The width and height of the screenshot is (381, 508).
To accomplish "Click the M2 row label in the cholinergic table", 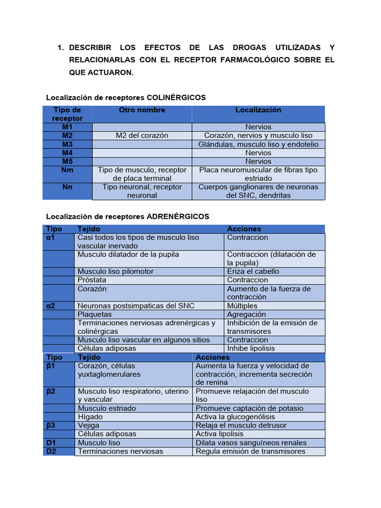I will click(67, 135).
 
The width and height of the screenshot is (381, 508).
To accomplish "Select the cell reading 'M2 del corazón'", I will click(142, 135).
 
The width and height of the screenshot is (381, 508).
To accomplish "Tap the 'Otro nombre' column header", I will click(142, 110).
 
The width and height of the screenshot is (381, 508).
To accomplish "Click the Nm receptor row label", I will click(67, 170).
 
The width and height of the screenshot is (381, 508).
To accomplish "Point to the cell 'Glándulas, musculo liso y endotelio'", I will click(258, 144).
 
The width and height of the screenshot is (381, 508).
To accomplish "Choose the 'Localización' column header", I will click(258, 110).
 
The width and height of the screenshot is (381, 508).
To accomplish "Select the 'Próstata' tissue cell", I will click(92, 280).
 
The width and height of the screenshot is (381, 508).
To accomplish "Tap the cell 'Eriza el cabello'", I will click(253, 271).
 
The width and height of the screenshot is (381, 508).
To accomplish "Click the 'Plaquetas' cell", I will click(95, 314).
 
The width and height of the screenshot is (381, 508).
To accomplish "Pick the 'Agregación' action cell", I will click(247, 314).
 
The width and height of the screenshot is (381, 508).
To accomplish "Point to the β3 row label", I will click(52, 425).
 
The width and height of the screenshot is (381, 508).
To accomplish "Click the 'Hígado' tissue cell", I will click(90, 417).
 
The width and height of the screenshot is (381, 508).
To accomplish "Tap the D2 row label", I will click(52, 451).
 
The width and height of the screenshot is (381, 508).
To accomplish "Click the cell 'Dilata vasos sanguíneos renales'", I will click(251, 443).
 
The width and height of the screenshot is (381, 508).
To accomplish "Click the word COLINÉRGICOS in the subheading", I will click(176, 98).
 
